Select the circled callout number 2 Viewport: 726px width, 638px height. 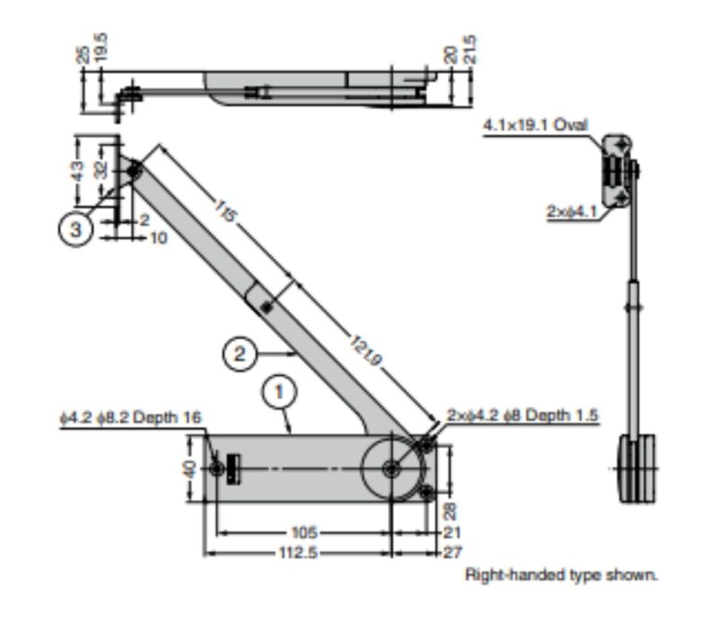[x=240, y=353]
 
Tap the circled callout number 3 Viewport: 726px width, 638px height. [x=76, y=229]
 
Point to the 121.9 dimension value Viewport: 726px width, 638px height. [x=367, y=350]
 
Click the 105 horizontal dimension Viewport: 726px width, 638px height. [x=304, y=532]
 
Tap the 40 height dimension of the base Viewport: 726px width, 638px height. [x=190, y=469]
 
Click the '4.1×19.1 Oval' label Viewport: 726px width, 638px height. [x=535, y=124]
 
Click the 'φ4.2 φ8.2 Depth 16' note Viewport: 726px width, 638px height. [x=130, y=417]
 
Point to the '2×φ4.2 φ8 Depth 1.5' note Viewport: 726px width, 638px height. [x=522, y=415]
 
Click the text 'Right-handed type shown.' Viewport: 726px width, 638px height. [x=561, y=574]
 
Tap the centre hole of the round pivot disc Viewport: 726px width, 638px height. [x=392, y=468]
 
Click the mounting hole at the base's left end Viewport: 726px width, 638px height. [x=216, y=468]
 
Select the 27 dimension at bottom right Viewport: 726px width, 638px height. [x=452, y=552]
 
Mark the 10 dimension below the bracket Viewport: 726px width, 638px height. [x=159, y=238]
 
